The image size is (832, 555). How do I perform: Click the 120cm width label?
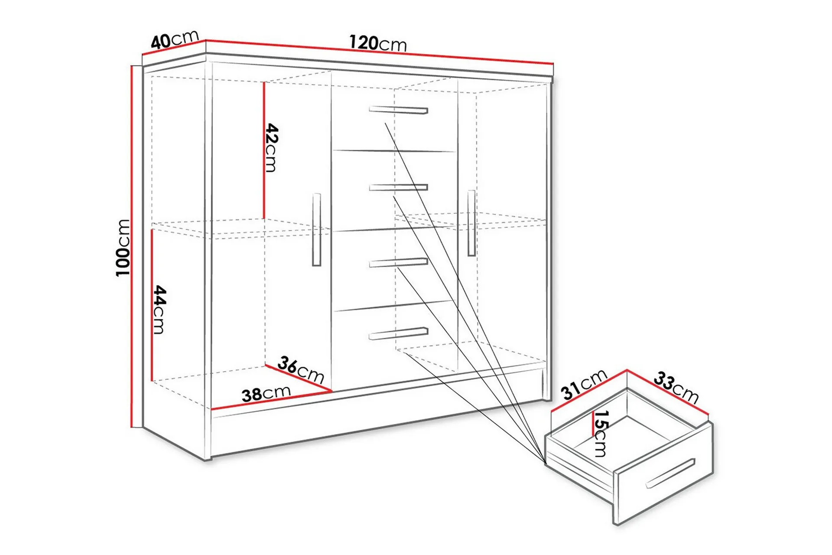click(378, 43)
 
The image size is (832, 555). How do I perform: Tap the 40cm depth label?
click(175, 39)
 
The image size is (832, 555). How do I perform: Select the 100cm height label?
click(123, 248)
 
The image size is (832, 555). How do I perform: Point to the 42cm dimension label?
click(271, 147)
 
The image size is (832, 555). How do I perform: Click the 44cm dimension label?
click(159, 310)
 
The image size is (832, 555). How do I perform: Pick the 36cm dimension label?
click(301, 370)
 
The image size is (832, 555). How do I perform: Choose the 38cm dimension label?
click(266, 394)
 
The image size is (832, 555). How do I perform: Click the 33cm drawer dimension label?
click(676, 387)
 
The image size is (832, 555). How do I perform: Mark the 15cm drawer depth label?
click(601, 434)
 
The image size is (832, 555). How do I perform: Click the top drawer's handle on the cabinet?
click(398, 110)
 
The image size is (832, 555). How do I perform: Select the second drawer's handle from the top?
click(398, 187)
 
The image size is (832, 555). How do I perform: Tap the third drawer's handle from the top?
click(398, 262)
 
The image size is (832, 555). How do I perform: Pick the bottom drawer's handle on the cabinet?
click(398, 333)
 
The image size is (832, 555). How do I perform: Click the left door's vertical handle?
click(317, 229)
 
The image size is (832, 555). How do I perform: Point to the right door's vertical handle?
click(471, 223)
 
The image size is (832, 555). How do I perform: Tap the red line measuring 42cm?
click(263, 150)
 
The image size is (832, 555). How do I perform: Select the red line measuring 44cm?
click(152, 305)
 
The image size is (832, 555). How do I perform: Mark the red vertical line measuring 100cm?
click(131, 246)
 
